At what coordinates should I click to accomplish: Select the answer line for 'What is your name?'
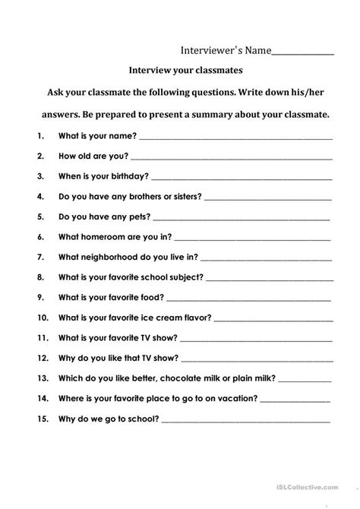pyautogui.click(x=235, y=139)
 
